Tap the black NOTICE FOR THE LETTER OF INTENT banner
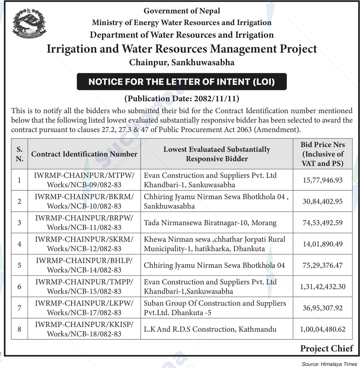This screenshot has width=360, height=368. pyautogui.click(x=182, y=82)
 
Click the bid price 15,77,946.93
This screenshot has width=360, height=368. pyautogui.click(x=323, y=180)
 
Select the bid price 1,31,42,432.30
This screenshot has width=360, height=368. pyautogui.click(x=323, y=287)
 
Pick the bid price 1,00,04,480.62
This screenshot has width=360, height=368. pyautogui.click(x=323, y=329)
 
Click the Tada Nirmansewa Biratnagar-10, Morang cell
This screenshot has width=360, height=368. pyautogui.click(x=210, y=223)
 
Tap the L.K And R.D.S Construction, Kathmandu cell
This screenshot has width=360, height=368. pyautogui.click(x=210, y=329)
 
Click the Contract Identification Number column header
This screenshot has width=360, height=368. pyautogui.click(x=84, y=154)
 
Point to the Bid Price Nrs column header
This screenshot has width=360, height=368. pyautogui.click(x=323, y=154)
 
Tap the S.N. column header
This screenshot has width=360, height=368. pyautogui.click(x=20, y=154)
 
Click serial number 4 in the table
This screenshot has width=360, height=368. pyautogui.click(x=20, y=244)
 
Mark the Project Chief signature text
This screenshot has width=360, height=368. pyautogui.click(x=326, y=348)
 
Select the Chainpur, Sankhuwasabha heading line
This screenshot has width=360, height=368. pyautogui.click(x=182, y=63)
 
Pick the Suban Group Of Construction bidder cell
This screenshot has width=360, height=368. pyautogui.click(x=215, y=308)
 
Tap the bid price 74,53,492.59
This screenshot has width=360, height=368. pyautogui.click(x=323, y=223)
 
